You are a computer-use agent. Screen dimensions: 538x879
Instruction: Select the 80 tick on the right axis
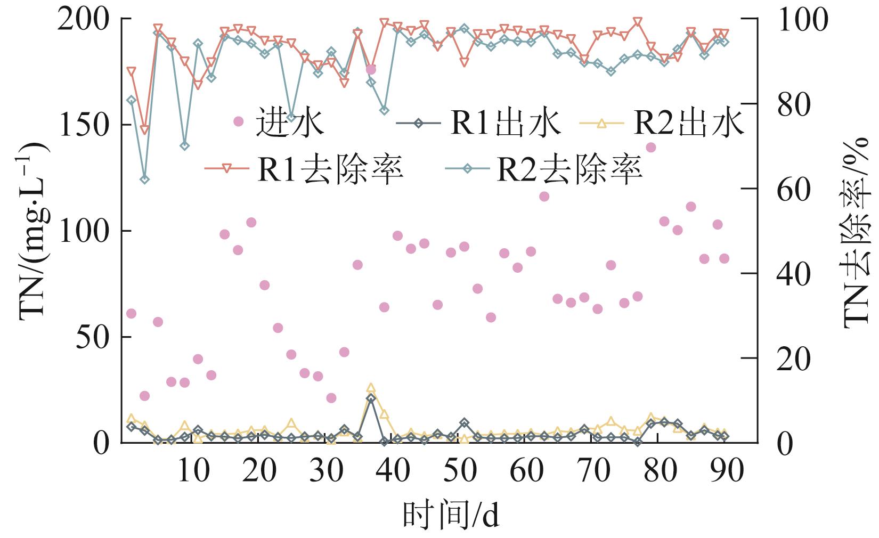(x=792, y=104)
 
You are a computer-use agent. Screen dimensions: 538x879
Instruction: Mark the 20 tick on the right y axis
(x=792, y=358)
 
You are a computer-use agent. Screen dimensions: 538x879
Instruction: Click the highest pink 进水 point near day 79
(x=650, y=148)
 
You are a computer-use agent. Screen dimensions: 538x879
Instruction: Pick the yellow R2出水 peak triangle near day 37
(x=371, y=388)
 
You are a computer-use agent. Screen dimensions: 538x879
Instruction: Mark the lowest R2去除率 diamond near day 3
(x=144, y=179)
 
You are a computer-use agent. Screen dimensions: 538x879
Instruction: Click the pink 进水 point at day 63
(x=544, y=197)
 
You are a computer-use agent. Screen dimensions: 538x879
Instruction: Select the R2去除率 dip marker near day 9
(x=185, y=145)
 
